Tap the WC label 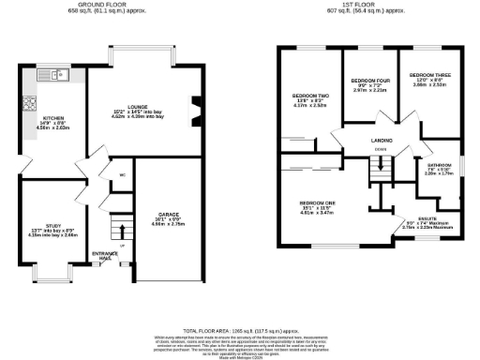tap(123, 174)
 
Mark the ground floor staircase tap(117, 231)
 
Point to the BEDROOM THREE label tap(427, 73)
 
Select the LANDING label tap(380, 141)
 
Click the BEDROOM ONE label tap(318, 202)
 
